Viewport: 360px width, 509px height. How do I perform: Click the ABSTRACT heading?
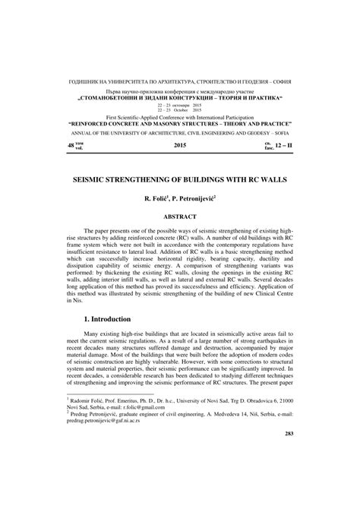click(x=181, y=217)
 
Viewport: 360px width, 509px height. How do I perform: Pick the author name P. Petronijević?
click(x=199, y=198)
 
